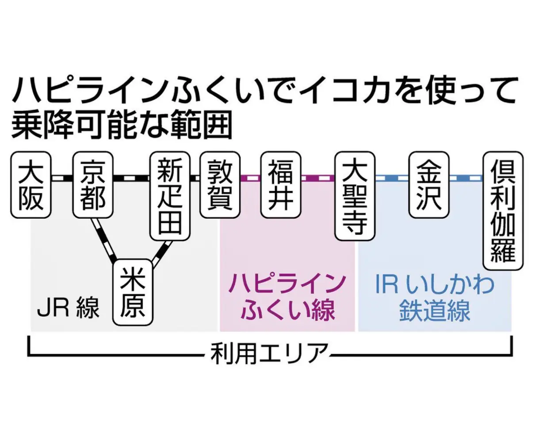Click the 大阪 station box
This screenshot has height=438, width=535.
coord(31,186)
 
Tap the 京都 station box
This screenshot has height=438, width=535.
coord(93,186)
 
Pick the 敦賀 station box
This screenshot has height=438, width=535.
coord(220,186)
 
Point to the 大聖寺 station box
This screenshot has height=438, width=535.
coord(355,197)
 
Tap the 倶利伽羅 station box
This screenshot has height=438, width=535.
coord(503,211)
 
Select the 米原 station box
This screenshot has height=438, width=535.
coord(133,292)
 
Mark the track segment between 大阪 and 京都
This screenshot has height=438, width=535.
coord(62,178)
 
